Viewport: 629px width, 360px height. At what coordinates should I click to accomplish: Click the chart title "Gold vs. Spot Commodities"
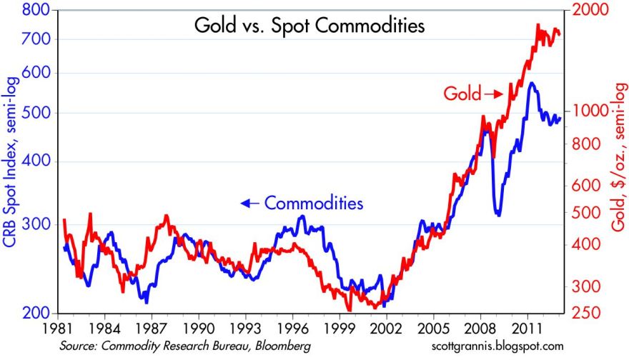coord(309,26)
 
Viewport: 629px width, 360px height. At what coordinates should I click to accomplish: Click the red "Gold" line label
coord(462,94)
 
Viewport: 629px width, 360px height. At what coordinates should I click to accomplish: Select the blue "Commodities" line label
coord(314,203)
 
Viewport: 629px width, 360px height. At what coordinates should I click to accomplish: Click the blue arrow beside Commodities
coord(249,204)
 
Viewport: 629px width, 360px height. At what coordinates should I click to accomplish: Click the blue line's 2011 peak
coord(531,84)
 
